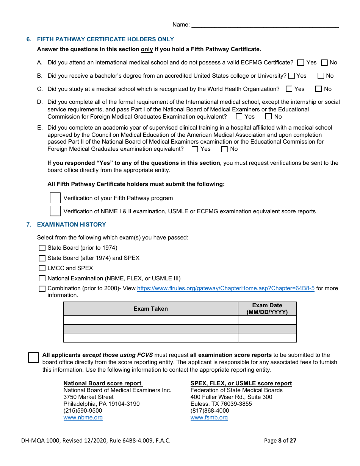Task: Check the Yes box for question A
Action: (301, 63)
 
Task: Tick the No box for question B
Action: (321, 76)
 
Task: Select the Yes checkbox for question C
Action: (289, 89)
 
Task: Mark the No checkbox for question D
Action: (268, 117)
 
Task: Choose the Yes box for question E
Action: (195, 149)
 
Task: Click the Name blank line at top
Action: (265, 25)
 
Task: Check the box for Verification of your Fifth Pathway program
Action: (55, 198)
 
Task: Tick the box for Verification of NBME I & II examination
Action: (55, 211)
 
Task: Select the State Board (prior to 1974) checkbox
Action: (42, 248)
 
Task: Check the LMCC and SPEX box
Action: (42, 268)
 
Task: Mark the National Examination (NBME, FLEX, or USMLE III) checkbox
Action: (42, 278)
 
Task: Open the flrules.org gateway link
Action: (225, 288)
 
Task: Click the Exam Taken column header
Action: (150, 309)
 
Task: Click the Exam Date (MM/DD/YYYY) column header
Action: (267, 309)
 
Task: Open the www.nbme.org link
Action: (83, 418)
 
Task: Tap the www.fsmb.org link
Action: (209, 418)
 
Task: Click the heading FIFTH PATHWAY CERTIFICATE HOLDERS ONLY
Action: (105, 39)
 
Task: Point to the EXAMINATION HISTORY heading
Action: (71, 225)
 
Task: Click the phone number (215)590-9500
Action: (83, 411)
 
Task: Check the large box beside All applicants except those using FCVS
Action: (33, 357)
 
